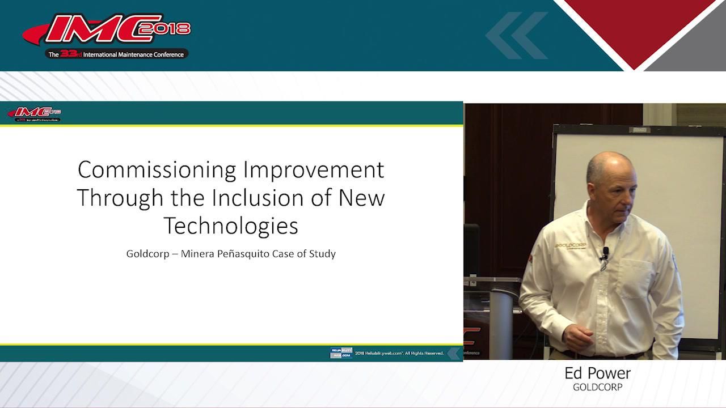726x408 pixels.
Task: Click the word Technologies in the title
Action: (x=231, y=226)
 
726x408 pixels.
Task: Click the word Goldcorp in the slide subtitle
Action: (x=147, y=253)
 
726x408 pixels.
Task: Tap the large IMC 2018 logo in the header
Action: (x=108, y=31)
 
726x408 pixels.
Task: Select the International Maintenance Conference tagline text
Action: (x=133, y=55)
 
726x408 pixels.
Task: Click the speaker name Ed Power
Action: (x=597, y=373)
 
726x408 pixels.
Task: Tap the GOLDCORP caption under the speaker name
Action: (x=597, y=388)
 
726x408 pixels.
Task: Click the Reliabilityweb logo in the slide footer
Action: (x=341, y=353)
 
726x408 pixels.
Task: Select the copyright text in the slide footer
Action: (x=399, y=354)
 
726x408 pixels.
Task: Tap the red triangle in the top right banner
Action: (x=635, y=28)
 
